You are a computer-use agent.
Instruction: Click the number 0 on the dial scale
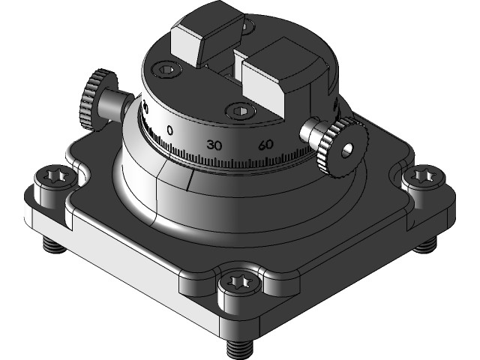tap(170, 130)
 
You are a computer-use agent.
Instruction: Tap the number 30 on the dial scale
tap(214, 144)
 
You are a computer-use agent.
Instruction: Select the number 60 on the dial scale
tap(264, 145)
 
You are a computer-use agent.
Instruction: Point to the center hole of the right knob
tap(347, 151)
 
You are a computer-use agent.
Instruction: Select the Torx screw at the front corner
tap(239, 285)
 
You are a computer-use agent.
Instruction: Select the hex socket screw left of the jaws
tap(167, 70)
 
